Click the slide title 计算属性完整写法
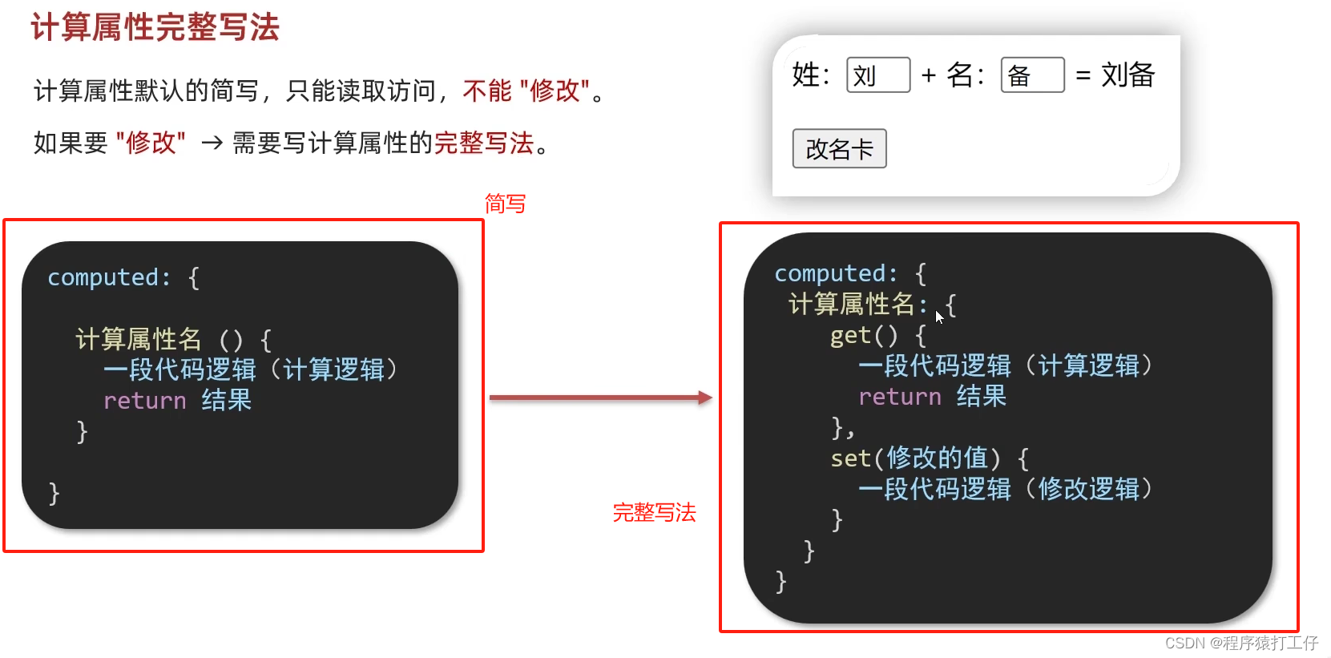point(155,27)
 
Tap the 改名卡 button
point(839,148)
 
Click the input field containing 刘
point(877,75)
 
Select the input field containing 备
point(1032,75)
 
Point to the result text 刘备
point(1127,75)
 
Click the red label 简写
point(505,204)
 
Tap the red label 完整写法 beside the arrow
point(654,512)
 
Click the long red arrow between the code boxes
point(600,398)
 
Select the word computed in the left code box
point(103,277)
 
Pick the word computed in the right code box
point(829,273)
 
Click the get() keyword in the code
point(864,335)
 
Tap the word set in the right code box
point(849,458)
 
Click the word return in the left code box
point(144,401)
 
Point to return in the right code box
point(899,397)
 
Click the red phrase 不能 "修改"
point(526,91)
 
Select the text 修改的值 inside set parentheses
point(937,458)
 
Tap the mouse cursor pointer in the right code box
point(939,317)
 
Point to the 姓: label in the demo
point(810,75)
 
